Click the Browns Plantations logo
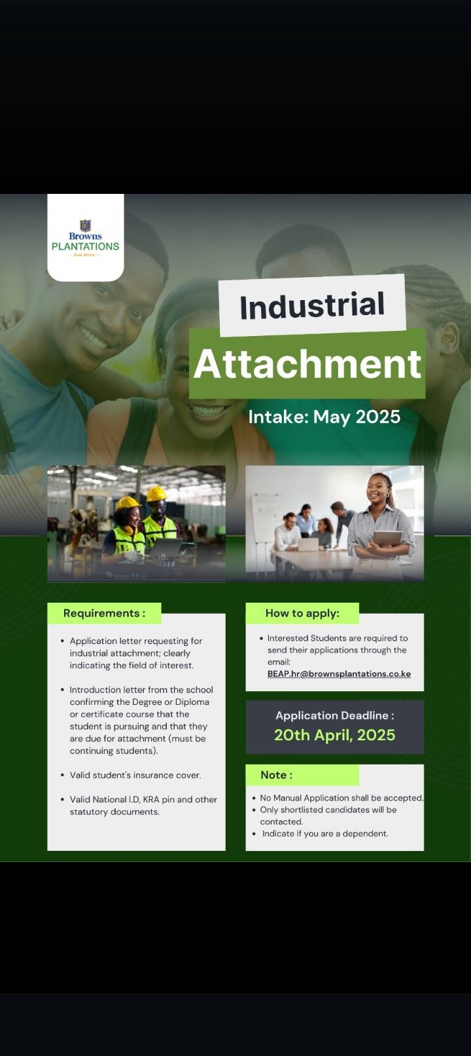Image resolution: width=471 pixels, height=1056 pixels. coord(85,238)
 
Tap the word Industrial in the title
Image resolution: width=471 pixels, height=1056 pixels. coord(312,305)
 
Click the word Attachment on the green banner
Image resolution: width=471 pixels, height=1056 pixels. coord(307,364)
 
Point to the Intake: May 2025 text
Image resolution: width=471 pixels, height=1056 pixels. coord(324,417)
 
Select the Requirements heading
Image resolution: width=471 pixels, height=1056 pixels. coord(104,613)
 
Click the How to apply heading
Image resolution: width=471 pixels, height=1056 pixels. coord(302,613)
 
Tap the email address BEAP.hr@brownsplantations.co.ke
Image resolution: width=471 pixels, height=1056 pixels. coord(339,673)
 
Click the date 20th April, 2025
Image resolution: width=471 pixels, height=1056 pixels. coord(335,735)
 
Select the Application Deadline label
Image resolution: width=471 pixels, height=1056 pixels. coord(335,715)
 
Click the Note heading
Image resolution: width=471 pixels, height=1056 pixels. coord(277,775)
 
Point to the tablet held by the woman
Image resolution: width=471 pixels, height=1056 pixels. coord(388,538)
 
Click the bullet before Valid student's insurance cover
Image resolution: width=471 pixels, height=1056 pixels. coord(62,775)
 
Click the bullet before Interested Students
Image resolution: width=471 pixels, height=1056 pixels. coord(261,638)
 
